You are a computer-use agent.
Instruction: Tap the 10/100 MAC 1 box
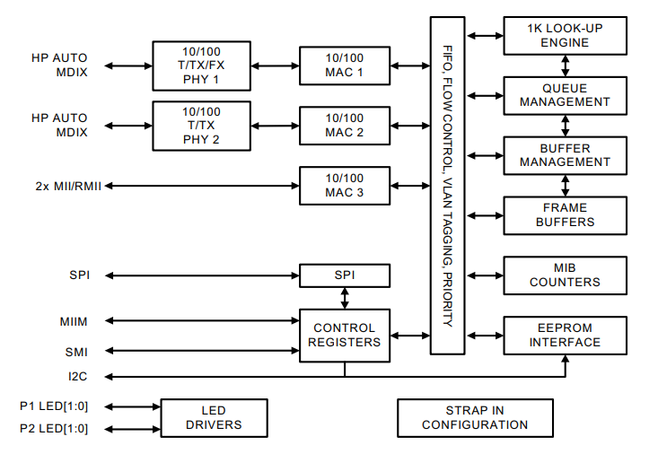click(x=345, y=65)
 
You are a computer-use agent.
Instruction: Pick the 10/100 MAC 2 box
click(x=345, y=126)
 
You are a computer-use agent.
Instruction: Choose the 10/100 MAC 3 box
click(x=345, y=186)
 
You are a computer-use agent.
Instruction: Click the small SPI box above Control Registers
click(x=345, y=275)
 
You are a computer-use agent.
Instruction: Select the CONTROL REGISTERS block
click(x=345, y=335)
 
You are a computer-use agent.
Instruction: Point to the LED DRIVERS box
click(x=214, y=417)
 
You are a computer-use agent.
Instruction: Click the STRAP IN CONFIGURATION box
click(x=475, y=417)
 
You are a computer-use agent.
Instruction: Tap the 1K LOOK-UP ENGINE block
click(x=565, y=36)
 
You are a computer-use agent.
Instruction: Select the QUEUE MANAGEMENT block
click(x=565, y=95)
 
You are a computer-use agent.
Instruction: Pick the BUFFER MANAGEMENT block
click(x=565, y=155)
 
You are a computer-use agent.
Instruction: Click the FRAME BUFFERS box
click(x=565, y=215)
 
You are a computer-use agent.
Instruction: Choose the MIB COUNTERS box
click(x=565, y=275)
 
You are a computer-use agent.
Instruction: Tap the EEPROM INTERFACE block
click(x=565, y=335)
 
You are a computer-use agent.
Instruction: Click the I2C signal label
click(x=77, y=375)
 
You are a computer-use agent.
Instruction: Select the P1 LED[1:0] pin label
click(x=54, y=405)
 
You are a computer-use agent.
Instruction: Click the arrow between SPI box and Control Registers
click(x=345, y=298)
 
